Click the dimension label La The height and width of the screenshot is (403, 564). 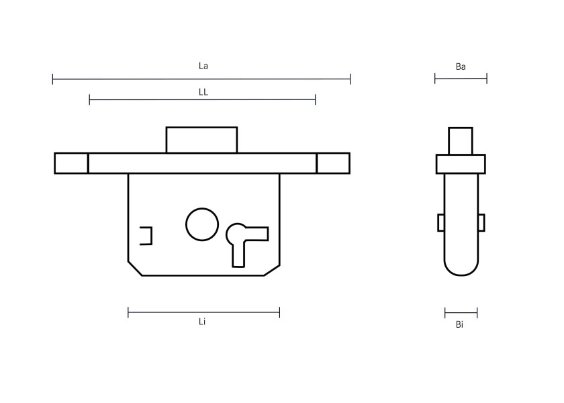tap(203, 66)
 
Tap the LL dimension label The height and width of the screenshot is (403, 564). tap(203, 92)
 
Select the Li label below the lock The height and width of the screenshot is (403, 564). tap(202, 321)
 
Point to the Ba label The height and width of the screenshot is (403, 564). tap(461, 66)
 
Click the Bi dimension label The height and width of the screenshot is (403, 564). tap(459, 324)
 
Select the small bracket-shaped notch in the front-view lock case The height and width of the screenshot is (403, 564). tap(152, 236)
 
